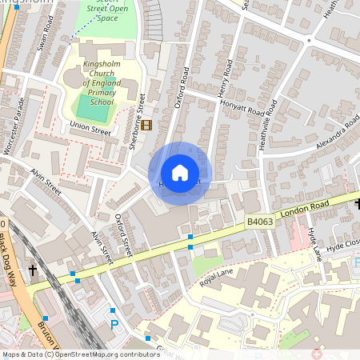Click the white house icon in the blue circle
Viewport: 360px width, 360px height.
180,172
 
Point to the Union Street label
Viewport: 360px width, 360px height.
90,126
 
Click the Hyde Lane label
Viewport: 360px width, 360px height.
315,243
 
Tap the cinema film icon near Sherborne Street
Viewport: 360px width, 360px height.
146,125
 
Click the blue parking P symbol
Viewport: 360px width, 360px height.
114,325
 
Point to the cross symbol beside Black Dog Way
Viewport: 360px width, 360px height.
33,270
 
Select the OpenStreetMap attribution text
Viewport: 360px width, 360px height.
81,354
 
